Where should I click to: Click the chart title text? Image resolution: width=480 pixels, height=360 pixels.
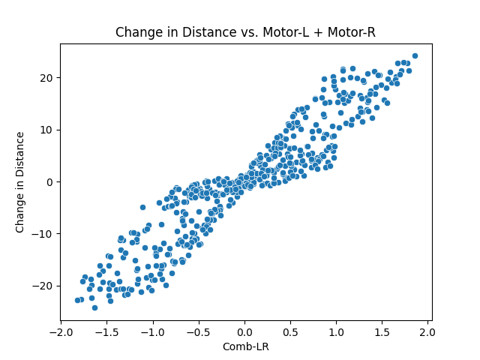[x=245, y=33]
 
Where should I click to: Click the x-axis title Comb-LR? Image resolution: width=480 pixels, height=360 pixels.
[x=245, y=347]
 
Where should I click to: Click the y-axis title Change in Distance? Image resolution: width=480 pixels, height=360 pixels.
[x=20, y=181]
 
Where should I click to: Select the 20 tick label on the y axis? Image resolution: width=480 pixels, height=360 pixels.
[x=46, y=78]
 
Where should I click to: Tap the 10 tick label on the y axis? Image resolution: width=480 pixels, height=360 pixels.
[x=46, y=130]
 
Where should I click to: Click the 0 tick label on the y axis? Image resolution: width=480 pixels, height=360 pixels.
[x=49, y=181]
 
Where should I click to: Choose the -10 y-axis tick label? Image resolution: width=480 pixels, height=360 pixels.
[x=43, y=233]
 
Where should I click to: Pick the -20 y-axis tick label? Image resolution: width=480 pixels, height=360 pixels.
[x=43, y=286]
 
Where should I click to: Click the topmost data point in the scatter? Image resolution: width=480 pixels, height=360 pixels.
[x=415, y=55]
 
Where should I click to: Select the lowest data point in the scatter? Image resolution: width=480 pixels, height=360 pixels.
[x=94, y=307]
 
